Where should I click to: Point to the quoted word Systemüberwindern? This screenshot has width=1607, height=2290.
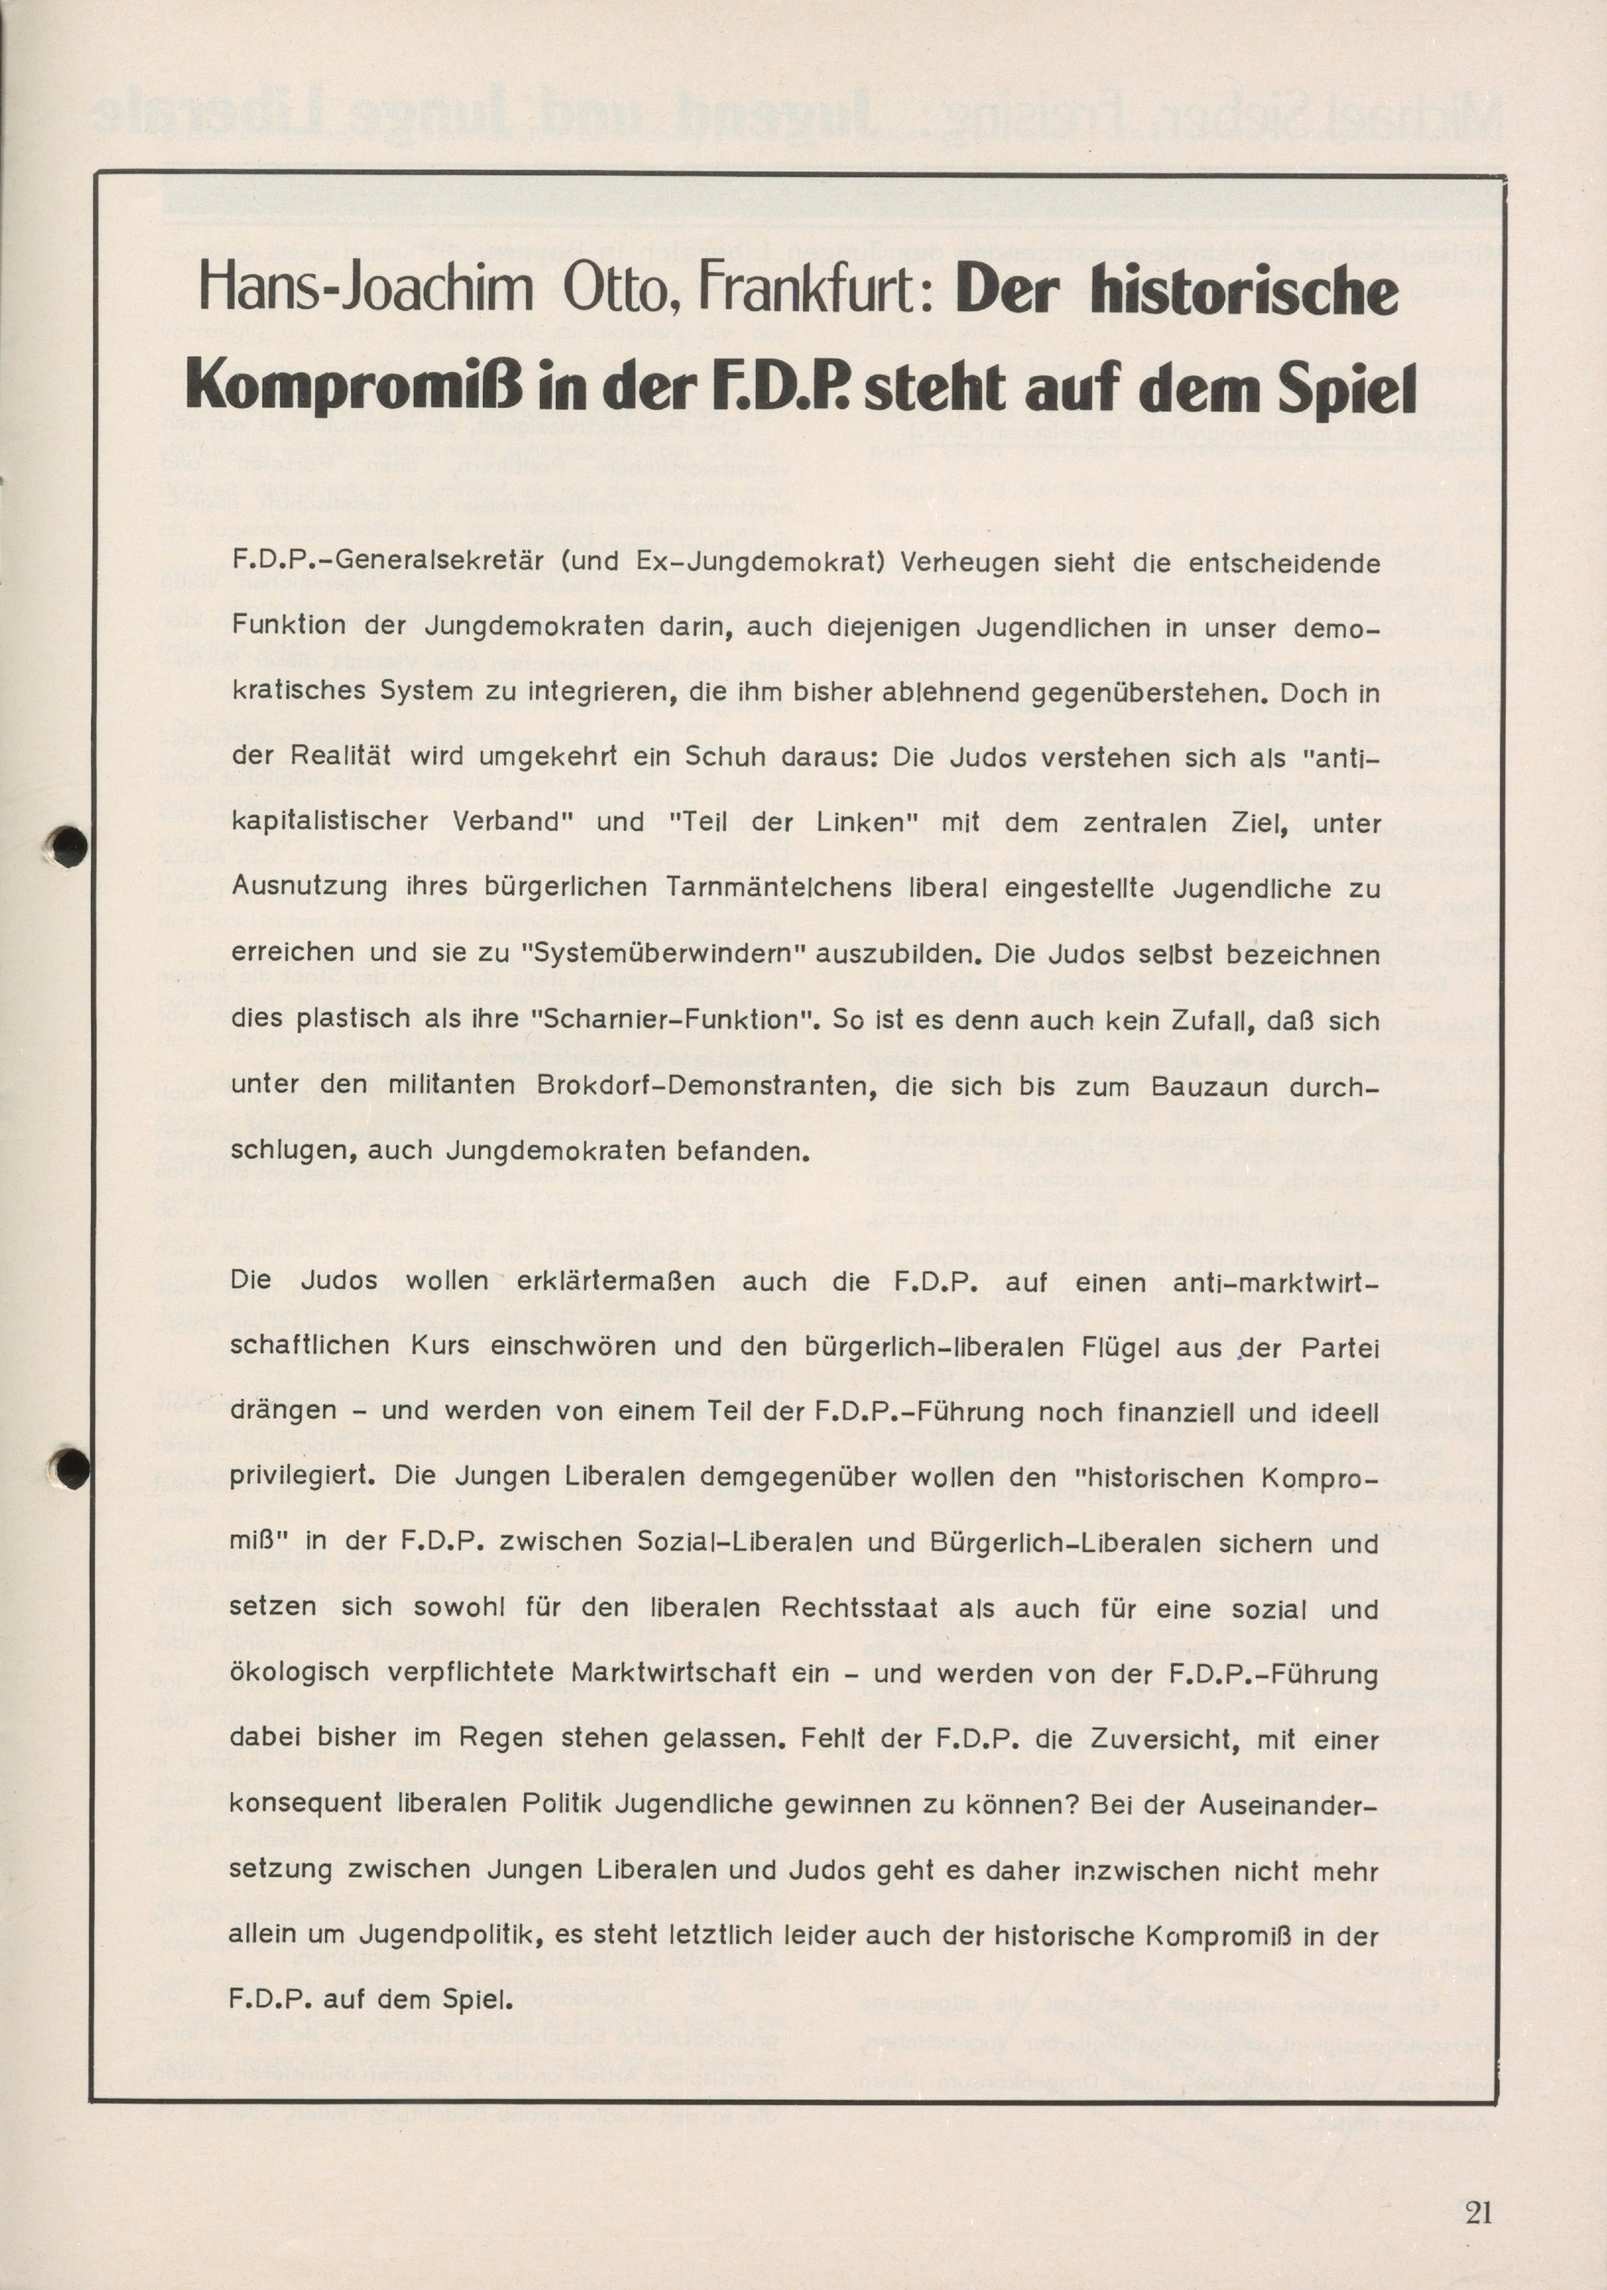(x=663, y=954)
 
